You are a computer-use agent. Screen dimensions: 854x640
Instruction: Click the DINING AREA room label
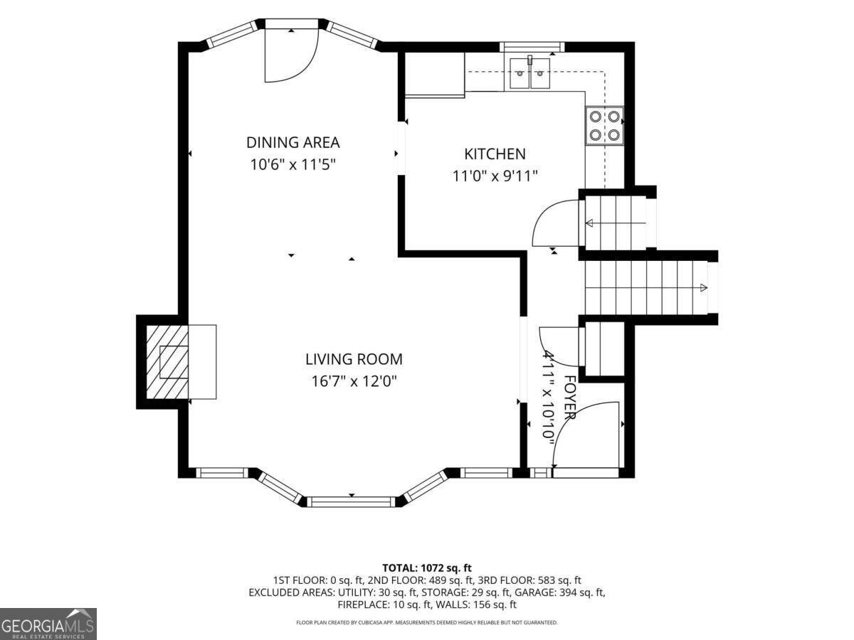click(293, 143)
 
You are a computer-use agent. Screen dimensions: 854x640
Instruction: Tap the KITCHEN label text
click(495, 154)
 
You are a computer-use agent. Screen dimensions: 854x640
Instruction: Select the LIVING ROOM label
click(354, 359)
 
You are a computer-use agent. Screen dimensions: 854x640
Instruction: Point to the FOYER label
click(570, 397)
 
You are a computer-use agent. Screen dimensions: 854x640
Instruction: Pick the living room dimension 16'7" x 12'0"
click(354, 382)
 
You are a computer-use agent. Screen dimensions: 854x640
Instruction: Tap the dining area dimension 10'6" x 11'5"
click(292, 165)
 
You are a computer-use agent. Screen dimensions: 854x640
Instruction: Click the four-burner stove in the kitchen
click(604, 126)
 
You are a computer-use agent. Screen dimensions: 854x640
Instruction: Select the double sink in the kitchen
click(529, 73)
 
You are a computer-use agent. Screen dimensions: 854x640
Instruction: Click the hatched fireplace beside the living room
click(167, 362)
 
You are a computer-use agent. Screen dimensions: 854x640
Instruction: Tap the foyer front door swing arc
click(572, 420)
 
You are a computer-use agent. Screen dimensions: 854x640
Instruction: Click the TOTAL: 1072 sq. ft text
click(427, 568)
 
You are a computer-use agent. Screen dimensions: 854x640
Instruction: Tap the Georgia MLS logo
click(48, 624)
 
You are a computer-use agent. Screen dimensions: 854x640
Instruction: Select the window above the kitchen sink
click(532, 47)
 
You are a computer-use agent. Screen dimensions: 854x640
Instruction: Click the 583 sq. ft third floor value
click(559, 580)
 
